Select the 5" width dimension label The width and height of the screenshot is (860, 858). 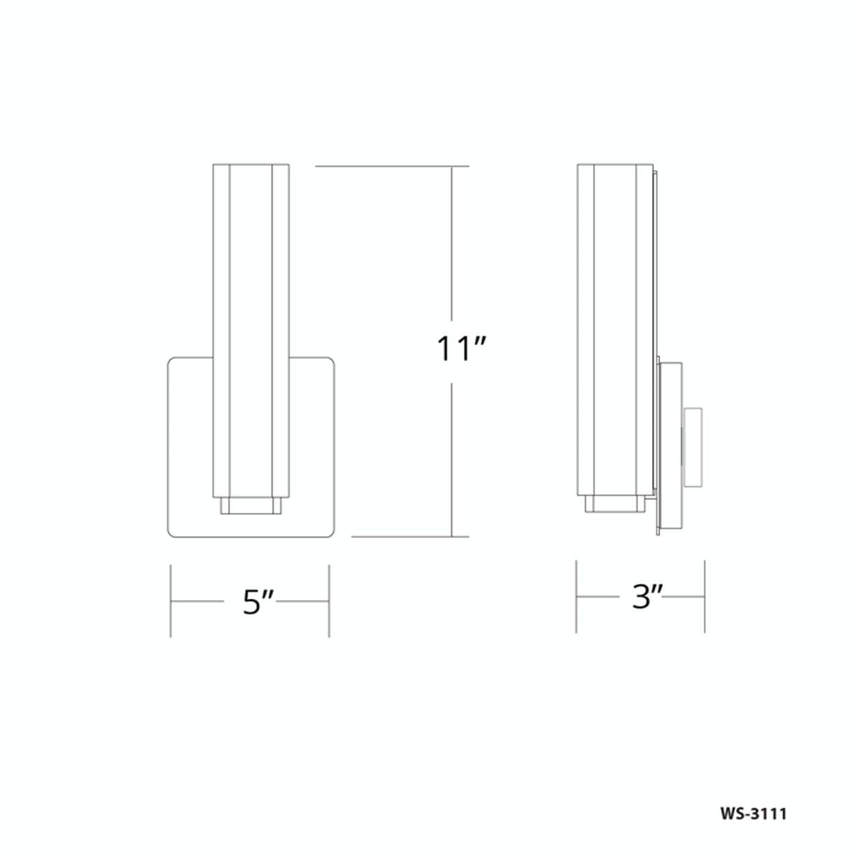coord(257,602)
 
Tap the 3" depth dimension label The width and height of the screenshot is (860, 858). coord(646,597)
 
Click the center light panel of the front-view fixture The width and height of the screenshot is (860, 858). coord(250,330)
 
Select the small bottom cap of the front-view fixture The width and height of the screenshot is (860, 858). coord(250,506)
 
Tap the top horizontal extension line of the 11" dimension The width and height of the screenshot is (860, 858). coord(392,166)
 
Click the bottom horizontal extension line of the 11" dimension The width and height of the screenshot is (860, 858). coord(410,536)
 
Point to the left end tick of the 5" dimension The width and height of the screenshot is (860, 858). coord(171,601)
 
